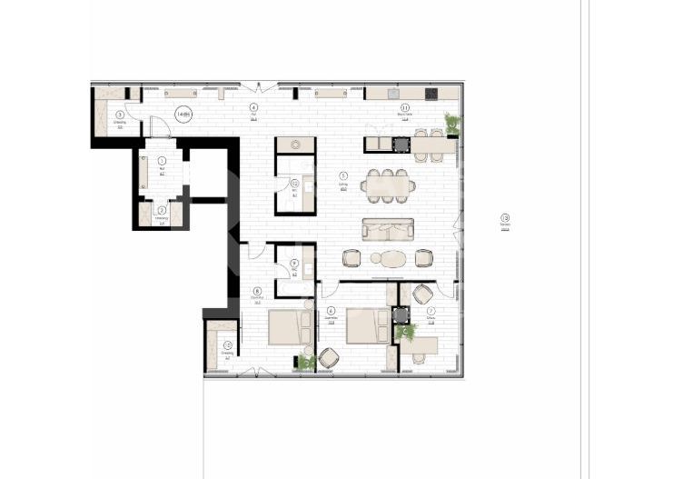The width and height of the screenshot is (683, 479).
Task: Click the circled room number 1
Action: (x=162, y=160)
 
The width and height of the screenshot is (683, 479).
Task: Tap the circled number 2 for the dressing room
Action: (x=162, y=209)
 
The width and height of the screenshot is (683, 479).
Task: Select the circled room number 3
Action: (x=119, y=115)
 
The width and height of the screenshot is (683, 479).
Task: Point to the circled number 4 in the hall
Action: (x=253, y=107)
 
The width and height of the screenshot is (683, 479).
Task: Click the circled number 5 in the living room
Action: (x=343, y=175)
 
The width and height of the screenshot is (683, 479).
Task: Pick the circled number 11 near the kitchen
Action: (x=405, y=107)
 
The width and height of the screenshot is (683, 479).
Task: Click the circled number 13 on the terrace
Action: (x=505, y=217)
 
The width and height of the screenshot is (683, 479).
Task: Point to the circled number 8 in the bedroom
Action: (x=257, y=291)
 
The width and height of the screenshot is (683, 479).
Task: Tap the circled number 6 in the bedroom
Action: (x=332, y=311)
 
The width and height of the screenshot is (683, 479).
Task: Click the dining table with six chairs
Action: (x=388, y=186)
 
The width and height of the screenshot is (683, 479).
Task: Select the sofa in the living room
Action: (x=388, y=228)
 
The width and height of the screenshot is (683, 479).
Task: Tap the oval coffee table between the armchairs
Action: (x=391, y=259)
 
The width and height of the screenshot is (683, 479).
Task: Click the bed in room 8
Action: (x=289, y=328)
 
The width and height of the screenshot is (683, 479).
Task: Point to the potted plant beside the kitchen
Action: (x=452, y=123)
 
